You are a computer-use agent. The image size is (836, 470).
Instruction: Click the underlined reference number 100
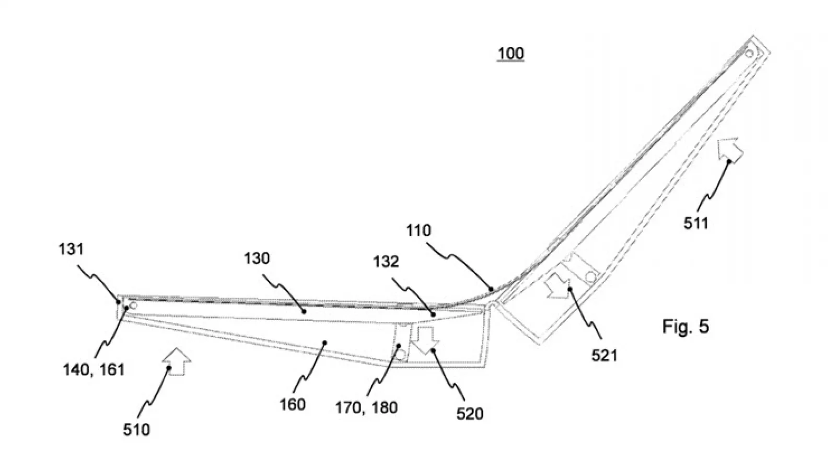pos(510,54)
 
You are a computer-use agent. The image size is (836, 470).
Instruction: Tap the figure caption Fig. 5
pos(686,326)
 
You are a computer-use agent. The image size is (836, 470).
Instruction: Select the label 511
pos(696,224)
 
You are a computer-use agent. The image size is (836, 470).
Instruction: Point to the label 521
pos(605,356)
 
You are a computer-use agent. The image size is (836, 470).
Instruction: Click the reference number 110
pos(419,231)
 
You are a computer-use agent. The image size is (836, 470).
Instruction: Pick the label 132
pos(386,262)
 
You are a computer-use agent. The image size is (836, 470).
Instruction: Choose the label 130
pos(257,258)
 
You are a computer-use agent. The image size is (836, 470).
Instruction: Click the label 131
pos(71,249)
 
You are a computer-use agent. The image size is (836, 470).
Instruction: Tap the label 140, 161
pos(94,370)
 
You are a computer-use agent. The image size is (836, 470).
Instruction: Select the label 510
pos(136,430)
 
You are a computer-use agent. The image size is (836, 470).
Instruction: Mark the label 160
pos(293,405)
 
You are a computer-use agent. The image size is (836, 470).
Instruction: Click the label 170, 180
pos(366,408)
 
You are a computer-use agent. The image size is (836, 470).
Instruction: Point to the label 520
pos(470,414)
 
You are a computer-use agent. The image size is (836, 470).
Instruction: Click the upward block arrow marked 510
pos(177,361)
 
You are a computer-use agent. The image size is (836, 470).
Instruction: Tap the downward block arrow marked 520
pos(425,340)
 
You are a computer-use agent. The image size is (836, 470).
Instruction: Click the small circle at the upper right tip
pos(749,54)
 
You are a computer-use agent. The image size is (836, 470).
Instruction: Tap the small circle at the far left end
pos(133,306)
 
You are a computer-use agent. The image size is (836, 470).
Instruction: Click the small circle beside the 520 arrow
pos(400,355)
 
